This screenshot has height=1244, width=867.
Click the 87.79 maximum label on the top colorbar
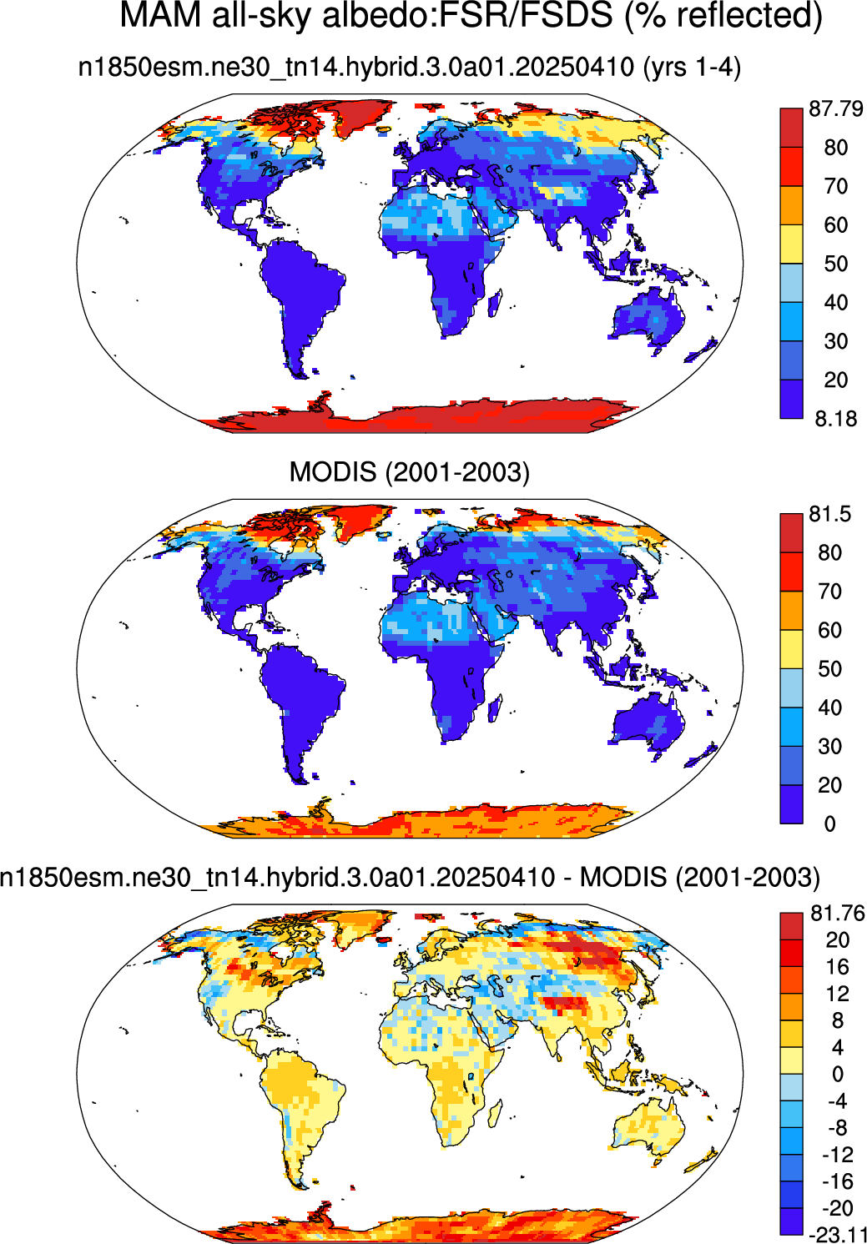pyautogui.click(x=836, y=108)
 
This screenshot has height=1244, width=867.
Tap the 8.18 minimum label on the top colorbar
pyautogui.click(x=836, y=418)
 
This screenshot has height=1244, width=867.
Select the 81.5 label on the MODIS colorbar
pyautogui.click(x=829, y=514)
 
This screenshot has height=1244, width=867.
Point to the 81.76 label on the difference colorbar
pyautogui.click(x=838, y=913)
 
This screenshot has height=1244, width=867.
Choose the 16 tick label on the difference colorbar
pyautogui.click(x=838, y=967)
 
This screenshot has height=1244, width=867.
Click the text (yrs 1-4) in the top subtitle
pyautogui.click(x=692, y=68)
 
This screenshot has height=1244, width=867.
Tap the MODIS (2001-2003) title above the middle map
pyautogui.click(x=410, y=471)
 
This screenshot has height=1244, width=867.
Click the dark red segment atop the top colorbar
pyautogui.click(x=791, y=128)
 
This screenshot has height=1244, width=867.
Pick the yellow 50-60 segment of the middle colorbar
pyautogui.click(x=791, y=649)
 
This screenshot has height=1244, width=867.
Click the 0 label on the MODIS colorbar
pyautogui.click(x=829, y=823)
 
